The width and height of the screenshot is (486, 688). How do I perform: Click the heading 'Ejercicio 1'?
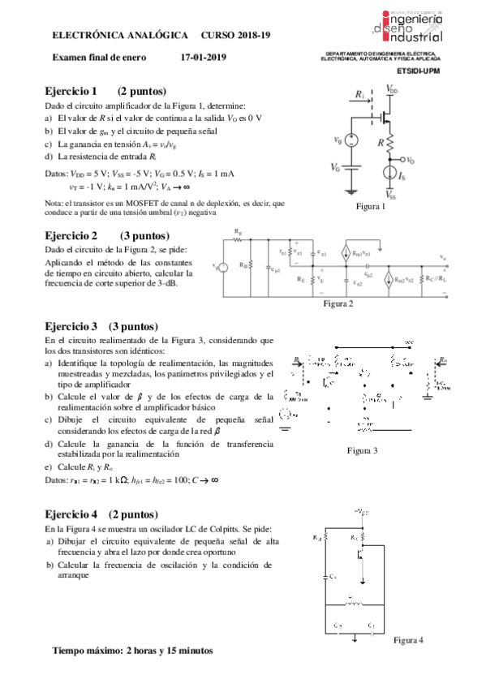pos(71,91)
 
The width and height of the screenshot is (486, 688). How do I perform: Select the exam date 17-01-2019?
pos(204,57)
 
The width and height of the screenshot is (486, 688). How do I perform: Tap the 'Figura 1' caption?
pos(371,207)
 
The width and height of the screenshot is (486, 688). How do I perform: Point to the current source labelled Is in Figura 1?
pos(389,173)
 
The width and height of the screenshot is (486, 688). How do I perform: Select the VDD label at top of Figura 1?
pos(392,89)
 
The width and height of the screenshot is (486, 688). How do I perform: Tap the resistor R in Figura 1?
pos(389,144)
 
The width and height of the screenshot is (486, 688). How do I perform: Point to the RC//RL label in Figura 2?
pos(436,274)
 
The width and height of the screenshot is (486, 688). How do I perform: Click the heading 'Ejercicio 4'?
pos(71,514)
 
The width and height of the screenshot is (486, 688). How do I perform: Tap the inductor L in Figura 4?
pos(350,602)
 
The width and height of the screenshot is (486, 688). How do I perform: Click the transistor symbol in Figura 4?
pos(359,554)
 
